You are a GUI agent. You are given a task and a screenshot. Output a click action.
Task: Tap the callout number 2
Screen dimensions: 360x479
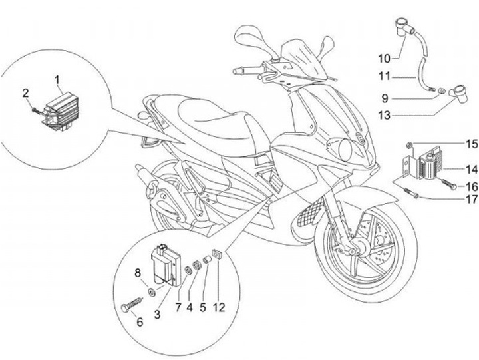click(26, 92)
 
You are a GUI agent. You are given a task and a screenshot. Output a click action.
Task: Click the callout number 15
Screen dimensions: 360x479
click(453, 143)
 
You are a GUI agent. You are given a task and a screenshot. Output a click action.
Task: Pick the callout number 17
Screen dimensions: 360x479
click(453, 198)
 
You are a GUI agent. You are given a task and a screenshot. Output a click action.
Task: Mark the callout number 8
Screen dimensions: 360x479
click(138, 272)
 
